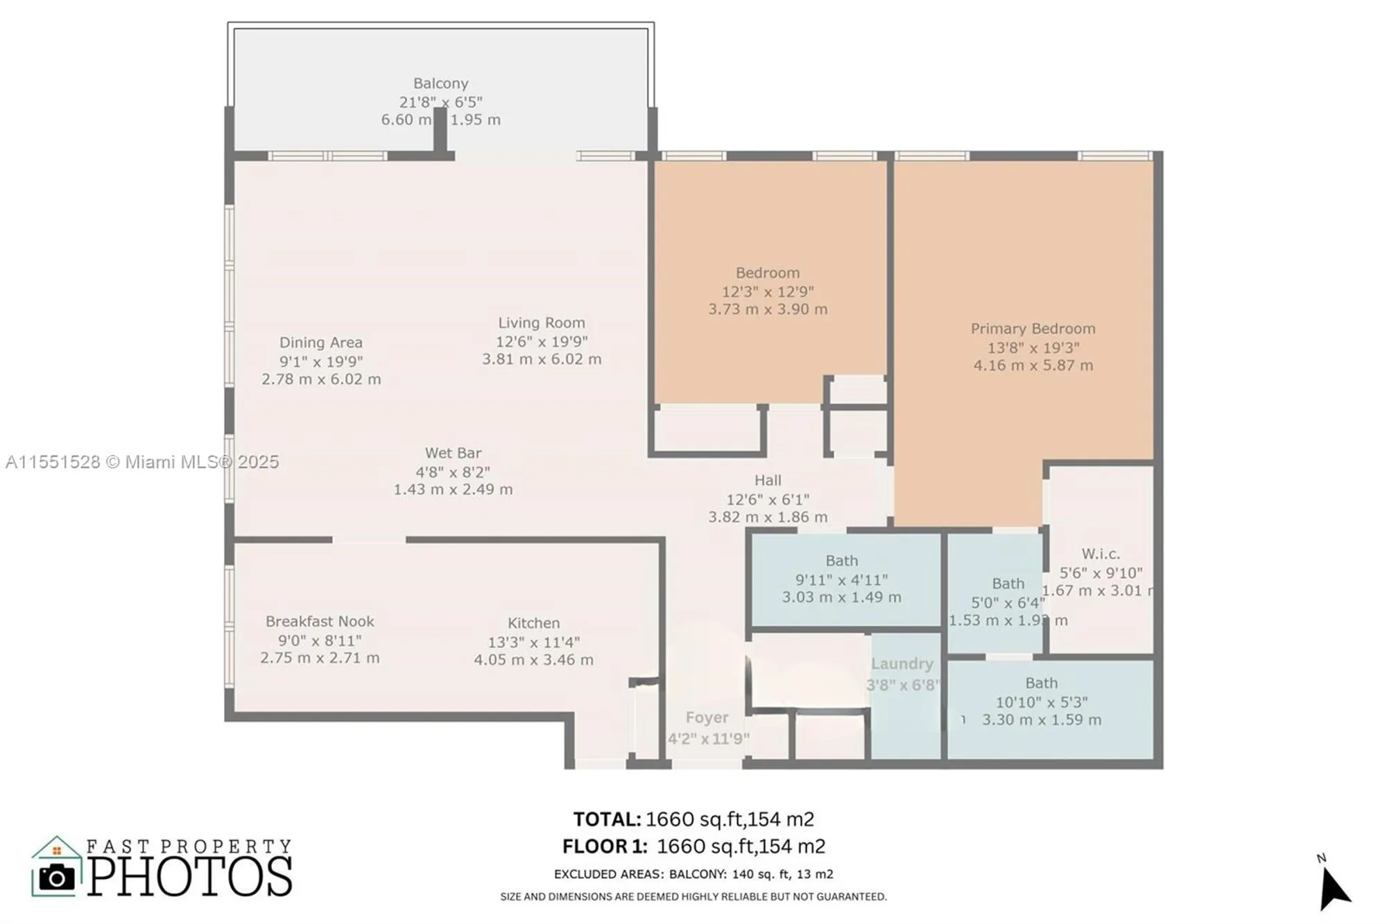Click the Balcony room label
pos(440,83)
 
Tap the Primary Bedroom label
pos(1033,329)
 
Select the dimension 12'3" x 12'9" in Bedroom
pos(768,292)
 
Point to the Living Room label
pos(542,323)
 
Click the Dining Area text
pos(321,342)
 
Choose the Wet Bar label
pos(453,453)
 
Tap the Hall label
pos(768,480)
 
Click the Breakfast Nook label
pos(320,622)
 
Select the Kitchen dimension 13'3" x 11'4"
pos(533,643)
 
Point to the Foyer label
pos(707,718)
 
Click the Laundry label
pos(902,664)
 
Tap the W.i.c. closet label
pos(1101,554)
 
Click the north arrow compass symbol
pos(1332,887)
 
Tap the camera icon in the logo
pos(57,878)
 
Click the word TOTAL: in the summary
pos(607,819)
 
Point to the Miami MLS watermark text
pos(142,462)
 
